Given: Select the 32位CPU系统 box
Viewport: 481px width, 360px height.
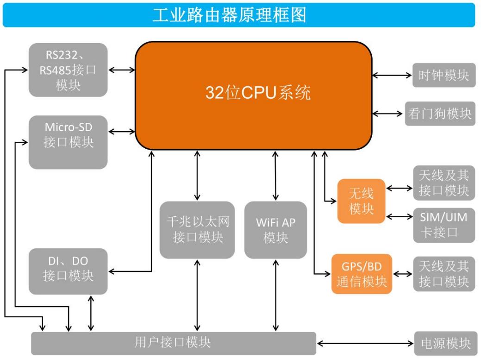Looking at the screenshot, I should tap(254, 95).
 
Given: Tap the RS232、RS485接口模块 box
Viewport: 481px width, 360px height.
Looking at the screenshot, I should tap(68, 70).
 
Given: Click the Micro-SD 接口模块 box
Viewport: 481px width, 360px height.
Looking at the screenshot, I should tap(68, 142).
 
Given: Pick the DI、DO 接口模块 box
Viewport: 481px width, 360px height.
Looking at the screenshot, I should tap(68, 271).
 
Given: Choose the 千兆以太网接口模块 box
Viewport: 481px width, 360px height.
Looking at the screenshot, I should tap(197, 230).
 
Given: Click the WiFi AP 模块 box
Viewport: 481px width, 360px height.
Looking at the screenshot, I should tap(275, 230).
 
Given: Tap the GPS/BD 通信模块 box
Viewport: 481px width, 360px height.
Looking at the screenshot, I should tap(362, 274).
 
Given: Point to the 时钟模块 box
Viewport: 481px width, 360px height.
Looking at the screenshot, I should tap(444, 75).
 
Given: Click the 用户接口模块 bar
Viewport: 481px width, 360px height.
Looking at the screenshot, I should tap(173, 343).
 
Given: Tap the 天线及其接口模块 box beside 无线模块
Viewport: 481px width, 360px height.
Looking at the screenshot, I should tap(444, 183).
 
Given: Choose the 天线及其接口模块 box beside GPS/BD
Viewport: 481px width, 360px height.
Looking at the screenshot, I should tap(444, 274).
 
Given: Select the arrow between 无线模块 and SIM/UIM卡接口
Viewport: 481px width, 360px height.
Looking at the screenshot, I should tap(399, 216).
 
